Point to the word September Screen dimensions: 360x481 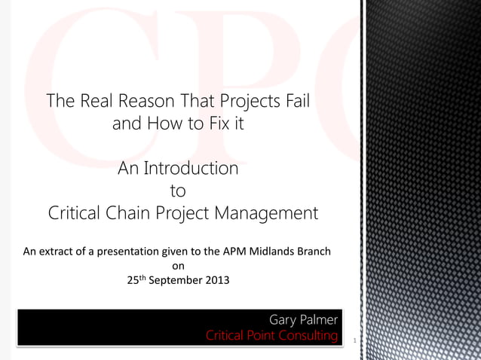(176, 281)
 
